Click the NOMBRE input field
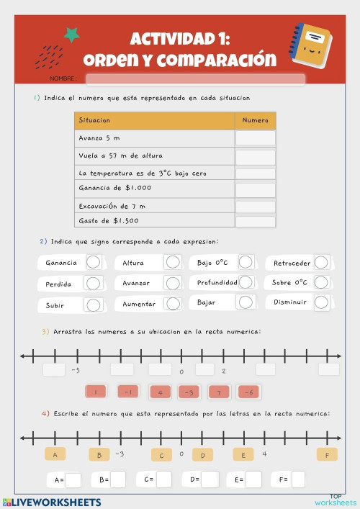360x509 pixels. (195, 78)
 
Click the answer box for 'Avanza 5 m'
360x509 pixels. (256, 138)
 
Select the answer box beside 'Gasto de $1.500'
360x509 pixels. (256, 221)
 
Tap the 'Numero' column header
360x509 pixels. (256, 120)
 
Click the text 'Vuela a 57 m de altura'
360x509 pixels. (121, 156)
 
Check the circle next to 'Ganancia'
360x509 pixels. (93, 263)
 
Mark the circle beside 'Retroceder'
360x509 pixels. (321, 263)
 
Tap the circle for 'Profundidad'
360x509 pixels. (246, 282)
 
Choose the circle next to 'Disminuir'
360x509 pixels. (321, 302)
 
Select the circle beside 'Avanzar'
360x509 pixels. (172, 283)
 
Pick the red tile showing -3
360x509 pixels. (189, 392)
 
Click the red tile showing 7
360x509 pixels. (218, 392)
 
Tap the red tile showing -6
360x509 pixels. (248, 392)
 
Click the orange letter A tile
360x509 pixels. (55, 454)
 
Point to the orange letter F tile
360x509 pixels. (327, 454)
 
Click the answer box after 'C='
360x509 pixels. (164, 479)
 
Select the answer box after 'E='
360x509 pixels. (253, 479)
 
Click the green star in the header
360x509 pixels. (71, 34)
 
